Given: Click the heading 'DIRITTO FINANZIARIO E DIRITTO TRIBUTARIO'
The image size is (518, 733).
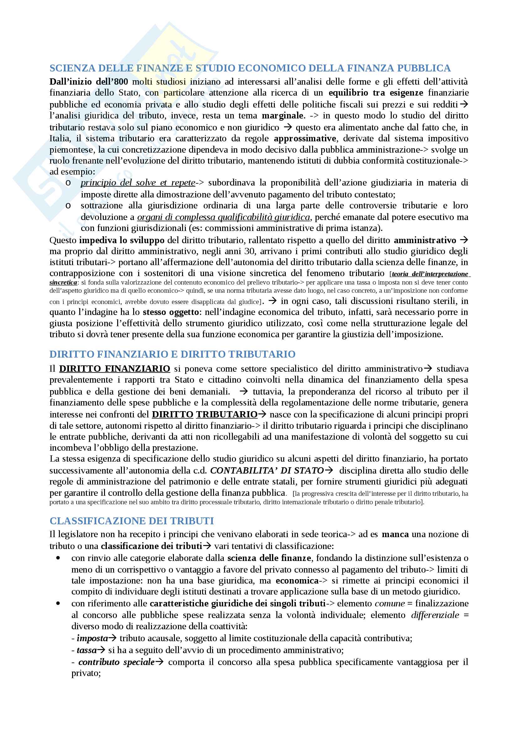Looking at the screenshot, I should tap(172, 354).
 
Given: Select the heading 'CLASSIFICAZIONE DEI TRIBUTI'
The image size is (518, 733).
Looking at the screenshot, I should tap(132, 521).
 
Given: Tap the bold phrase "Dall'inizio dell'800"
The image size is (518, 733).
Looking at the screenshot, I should tap(89, 82).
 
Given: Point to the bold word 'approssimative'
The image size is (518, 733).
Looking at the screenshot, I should tap(305, 139).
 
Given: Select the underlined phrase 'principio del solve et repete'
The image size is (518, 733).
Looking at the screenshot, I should tap(138, 183).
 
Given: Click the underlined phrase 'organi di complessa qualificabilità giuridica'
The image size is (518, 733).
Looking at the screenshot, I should tap(223, 217).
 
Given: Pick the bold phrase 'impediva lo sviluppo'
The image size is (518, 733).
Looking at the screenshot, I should tap(122, 240).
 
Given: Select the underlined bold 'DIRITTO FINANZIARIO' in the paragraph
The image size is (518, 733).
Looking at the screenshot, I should tap(115, 369).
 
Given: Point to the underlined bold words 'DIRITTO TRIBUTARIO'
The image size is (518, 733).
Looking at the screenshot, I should tap(205, 414).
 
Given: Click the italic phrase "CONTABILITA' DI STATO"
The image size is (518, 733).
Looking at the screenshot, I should tap(267, 470).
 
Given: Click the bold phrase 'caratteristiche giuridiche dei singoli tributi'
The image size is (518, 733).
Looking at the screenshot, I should tap(238, 603).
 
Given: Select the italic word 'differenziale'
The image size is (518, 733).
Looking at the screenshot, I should tap(435, 615).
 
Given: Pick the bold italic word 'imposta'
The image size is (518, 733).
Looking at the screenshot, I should tap(92, 638).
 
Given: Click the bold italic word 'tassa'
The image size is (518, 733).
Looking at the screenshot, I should tap(86, 650).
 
